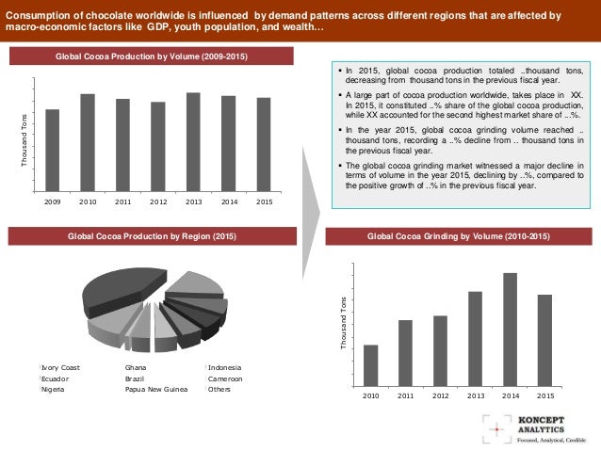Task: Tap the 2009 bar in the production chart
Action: click(53, 149)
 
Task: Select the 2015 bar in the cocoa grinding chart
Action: click(544, 340)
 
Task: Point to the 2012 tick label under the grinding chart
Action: click(440, 395)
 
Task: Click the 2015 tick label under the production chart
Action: click(264, 201)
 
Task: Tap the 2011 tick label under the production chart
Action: click(123, 201)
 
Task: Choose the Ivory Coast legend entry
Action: click(61, 367)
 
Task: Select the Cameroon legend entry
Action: click(225, 378)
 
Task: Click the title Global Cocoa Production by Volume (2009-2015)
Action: click(151, 57)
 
